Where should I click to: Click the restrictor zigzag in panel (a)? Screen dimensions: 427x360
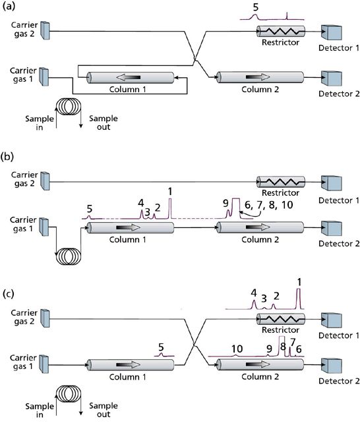coord(280,31)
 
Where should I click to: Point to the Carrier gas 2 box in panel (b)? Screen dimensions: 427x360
coord(45,178)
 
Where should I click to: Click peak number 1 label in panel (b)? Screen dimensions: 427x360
coord(171,192)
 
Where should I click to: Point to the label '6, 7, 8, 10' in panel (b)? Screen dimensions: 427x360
coord(270,206)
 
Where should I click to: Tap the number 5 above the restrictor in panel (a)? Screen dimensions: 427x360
coord(256,7)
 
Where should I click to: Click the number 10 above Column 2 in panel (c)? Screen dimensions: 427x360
coord(237,348)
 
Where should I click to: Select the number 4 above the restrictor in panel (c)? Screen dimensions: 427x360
coord(254,293)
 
